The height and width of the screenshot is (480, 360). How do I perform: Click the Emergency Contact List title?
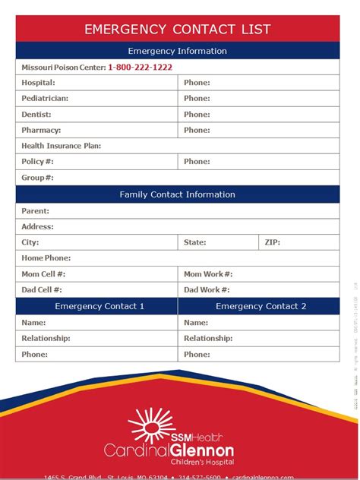coord(177,30)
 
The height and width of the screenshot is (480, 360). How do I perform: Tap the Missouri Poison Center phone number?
coord(140,67)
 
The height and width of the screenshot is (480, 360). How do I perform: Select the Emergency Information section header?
coord(177,51)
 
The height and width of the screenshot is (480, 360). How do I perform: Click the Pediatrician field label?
coord(45,99)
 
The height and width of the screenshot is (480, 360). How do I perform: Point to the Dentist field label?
coord(36,115)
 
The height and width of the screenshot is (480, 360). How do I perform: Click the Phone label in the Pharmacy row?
coord(197,130)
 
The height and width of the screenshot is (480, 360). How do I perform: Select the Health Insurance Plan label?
coord(62,146)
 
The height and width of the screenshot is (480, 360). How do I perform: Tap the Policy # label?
coord(37,162)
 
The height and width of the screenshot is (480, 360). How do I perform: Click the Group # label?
coord(37,178)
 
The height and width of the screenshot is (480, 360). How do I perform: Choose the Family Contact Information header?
coord(177,194)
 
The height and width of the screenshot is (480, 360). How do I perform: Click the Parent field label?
coord(35,211)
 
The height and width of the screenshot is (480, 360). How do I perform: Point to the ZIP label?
coord(272,242)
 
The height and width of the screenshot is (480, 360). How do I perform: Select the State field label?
coord(195,242)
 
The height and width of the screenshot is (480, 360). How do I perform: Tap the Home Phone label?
coord(46,258)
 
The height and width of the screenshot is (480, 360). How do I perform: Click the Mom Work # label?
coord(208,274)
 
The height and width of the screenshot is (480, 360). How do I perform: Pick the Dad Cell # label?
coord(42,289)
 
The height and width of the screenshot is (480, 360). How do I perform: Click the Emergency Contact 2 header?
coord(261,306)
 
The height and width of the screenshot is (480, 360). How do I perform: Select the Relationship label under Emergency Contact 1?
coord(46,338)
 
